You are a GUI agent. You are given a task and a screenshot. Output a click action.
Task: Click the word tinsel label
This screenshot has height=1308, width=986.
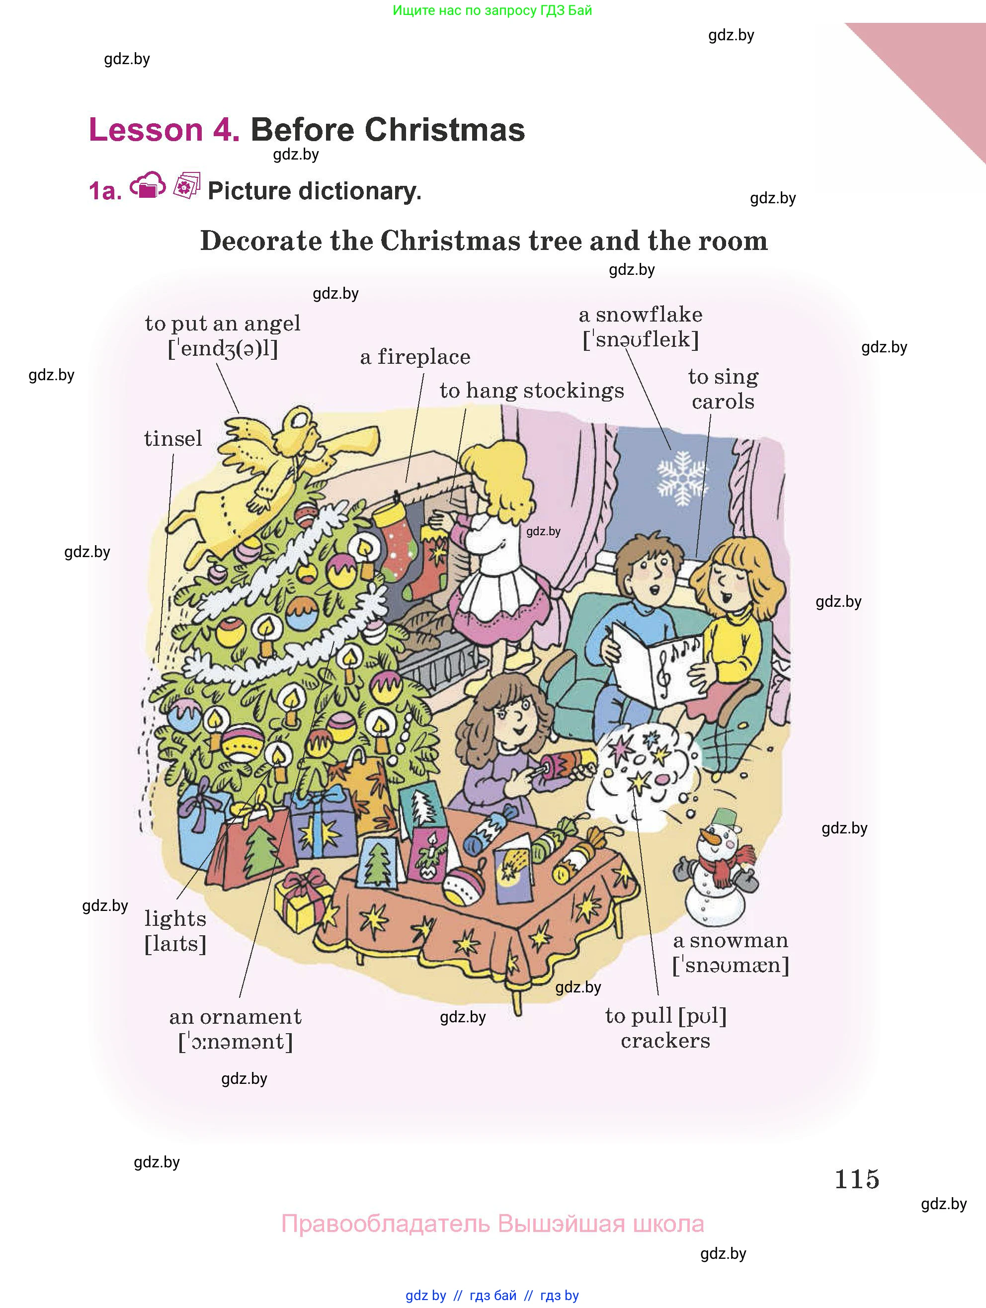(173, 439)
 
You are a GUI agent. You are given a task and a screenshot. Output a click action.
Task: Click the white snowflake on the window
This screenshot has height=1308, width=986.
(682, 478)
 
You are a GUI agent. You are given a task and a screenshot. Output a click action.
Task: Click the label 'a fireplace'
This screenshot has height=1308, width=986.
(415, 357)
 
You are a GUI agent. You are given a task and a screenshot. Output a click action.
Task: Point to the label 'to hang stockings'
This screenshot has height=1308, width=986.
(532, 391)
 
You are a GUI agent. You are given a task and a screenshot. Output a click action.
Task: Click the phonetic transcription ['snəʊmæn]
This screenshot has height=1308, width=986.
(731, 966)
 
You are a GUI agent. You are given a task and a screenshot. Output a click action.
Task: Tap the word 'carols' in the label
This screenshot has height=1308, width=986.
(723, 402)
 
